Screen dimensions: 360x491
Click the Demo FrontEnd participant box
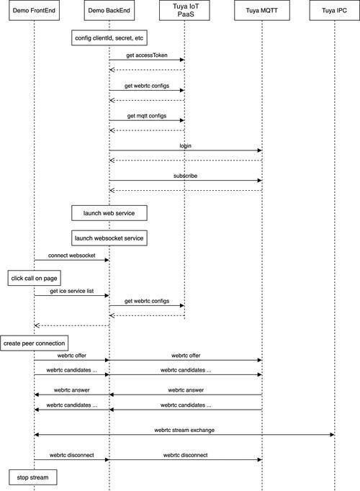[34, 11]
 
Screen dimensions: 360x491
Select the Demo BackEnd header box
[109, 11]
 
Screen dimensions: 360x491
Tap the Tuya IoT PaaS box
[184, 11]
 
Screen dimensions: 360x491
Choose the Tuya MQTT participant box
[262, 11]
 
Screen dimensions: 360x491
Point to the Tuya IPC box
[335, 11]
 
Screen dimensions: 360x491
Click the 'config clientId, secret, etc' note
[109, 38]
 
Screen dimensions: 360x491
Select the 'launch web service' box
[109, 213]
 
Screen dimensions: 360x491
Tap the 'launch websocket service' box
[109, 238]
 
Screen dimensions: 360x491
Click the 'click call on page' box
[34, 278]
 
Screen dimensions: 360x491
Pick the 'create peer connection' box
[34, 343]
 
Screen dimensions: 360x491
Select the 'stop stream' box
[33, 477]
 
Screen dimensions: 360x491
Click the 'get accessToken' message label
[147, 55]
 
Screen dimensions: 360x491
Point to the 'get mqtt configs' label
[147, 116]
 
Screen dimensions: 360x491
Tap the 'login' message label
[185, 146]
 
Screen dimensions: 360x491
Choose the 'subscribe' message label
[185, 176]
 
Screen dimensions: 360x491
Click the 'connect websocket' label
[72, 256]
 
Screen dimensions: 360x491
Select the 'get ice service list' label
[72, 291]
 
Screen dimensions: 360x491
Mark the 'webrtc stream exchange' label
[184, 430]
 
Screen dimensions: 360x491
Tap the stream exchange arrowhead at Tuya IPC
[333, 435]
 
